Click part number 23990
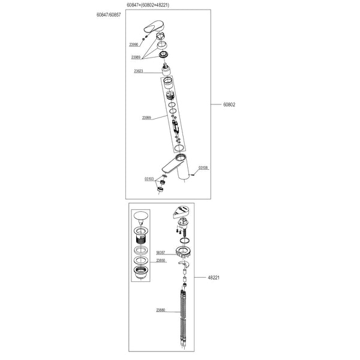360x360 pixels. [x=133, y=44]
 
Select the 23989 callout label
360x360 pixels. [x=136, y=57]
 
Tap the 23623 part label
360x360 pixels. [x=138, y=71]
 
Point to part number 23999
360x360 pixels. [x=146, y=118]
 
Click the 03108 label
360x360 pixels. [x=203, y=168]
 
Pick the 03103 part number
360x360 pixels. [x=149, y=179]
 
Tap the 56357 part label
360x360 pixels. [x=161, y=253]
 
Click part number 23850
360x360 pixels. [x=161, y=261]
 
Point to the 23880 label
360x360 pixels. [x=161, y=310]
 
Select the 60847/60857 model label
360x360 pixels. [x=109, y=14]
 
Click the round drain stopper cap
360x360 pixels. [x=142, y=216]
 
